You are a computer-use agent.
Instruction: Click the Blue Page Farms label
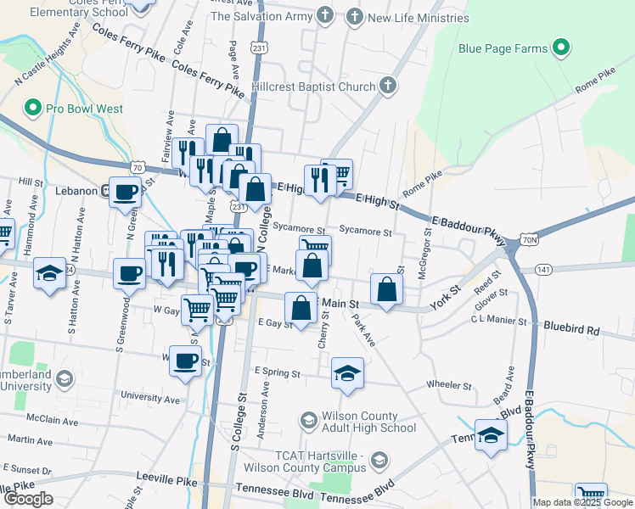[503, 48]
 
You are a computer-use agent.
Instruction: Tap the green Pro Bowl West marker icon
[33, 109]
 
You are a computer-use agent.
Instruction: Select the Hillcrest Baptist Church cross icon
[387, 86]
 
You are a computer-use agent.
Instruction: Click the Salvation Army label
[261, 16]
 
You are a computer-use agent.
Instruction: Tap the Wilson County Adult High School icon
[309, 421]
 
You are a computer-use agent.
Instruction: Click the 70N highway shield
[529, 241]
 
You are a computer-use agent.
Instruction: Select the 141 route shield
[544, 268]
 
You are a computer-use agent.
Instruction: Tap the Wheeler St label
[449, 385]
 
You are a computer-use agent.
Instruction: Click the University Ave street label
[151, 397]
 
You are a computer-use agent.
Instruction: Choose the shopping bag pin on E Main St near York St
[387, 289]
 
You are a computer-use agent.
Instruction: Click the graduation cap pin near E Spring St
[347, 373]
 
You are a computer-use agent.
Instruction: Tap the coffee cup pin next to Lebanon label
[126, 193]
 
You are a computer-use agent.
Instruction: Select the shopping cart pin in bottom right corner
[591, 495]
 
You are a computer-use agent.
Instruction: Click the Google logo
[28, 499]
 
